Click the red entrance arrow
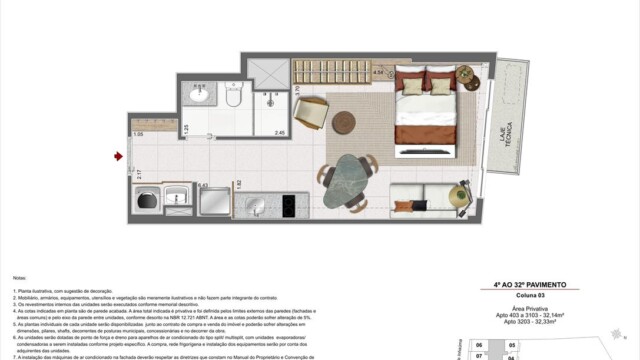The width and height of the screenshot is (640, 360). [x=119, y=156]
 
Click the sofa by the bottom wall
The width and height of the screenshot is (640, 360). [x=438, y=198]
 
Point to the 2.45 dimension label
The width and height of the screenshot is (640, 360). [x=281, y=133]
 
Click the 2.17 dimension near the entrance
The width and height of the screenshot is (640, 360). [x=139, y=175]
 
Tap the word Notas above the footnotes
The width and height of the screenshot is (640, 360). [x=19, y=277]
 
